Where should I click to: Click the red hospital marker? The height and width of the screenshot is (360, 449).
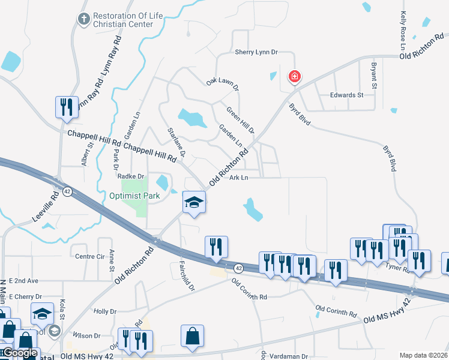click(x=294, y=77)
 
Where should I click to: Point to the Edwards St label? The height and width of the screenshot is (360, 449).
click(x=347, y=95)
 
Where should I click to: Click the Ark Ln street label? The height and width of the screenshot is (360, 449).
click(x=238, y=178)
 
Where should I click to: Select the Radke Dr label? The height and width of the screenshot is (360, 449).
click(x=131, y=176)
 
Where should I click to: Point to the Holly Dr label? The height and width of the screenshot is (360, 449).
click(x=104, y=311)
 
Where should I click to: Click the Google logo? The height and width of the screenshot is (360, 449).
click(x=20, y=353)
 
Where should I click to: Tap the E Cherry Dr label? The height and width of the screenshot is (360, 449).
click(x=22, y=296)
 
